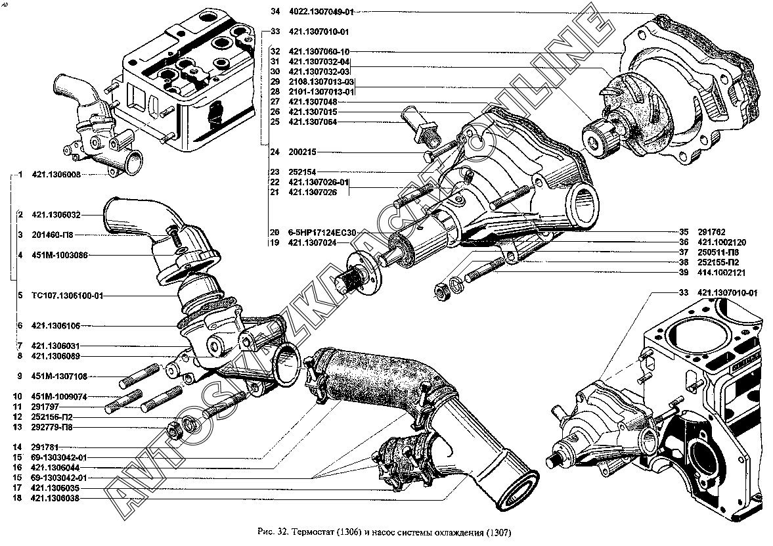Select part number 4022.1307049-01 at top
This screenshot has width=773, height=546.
(x=320, y=12)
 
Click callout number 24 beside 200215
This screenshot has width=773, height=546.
(x=275, y=152)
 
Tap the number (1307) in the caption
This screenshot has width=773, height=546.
(x=497, y=532)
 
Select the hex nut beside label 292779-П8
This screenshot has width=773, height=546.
(x=176, y=432)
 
